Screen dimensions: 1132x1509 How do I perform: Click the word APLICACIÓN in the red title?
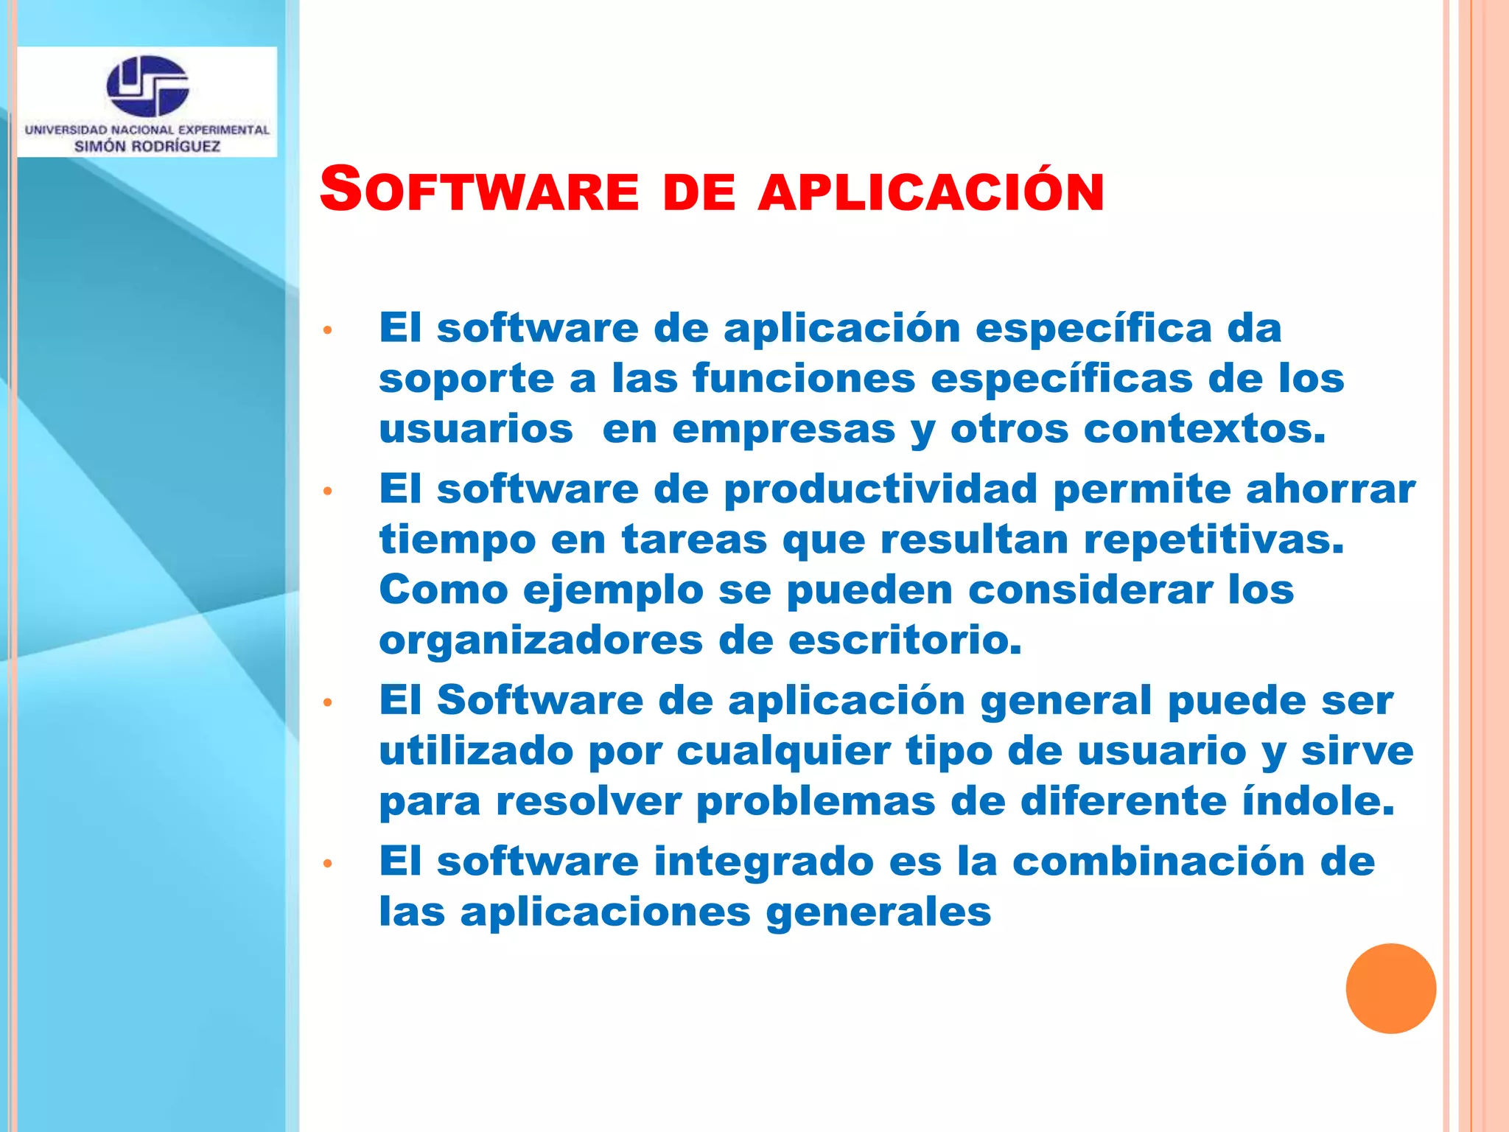(x=931, y=192)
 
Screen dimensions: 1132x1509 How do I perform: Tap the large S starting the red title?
(x=341, y=189)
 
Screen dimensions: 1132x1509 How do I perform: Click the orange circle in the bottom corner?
(x=1390, y=988)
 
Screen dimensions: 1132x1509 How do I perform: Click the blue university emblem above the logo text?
(x=147, y=85)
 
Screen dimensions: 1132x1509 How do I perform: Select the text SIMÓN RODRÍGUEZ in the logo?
(x=147, y=146)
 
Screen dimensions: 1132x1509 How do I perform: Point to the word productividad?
(x=880, y=489)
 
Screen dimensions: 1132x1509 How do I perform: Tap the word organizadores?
(x=541, y=640)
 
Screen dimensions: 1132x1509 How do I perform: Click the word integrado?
(x=763, y=862)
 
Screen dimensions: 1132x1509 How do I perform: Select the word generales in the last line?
(x=878, y=912)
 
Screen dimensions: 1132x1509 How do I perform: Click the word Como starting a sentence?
(x=444, y=590)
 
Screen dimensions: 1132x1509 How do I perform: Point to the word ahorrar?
(x=1330, y=489)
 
